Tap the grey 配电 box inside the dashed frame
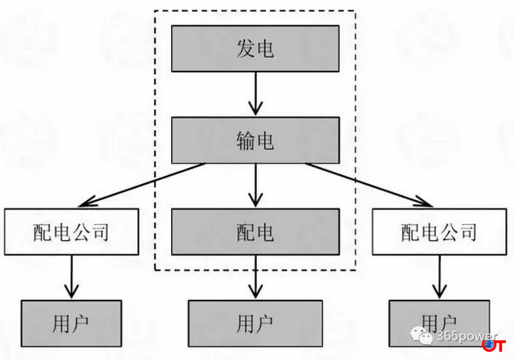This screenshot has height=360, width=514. click(x=255, y=233)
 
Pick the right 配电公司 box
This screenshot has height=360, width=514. click(x=438, y=233)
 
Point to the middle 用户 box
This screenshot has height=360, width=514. click(x=255, y=324)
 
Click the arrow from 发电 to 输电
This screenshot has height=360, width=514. click(x=255, y=95)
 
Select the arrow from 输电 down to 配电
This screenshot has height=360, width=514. click(x=255, y=186)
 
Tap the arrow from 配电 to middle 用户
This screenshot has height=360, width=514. click(x=255, y=278)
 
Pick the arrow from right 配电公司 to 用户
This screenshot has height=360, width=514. click(x=438, y=277)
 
